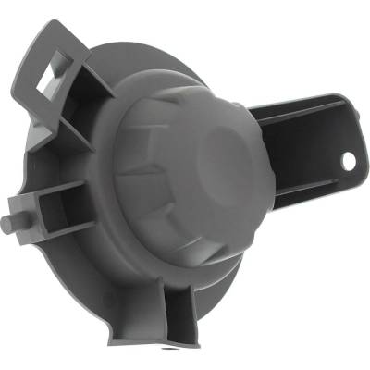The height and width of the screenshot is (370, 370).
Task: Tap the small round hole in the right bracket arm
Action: [349, 160]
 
